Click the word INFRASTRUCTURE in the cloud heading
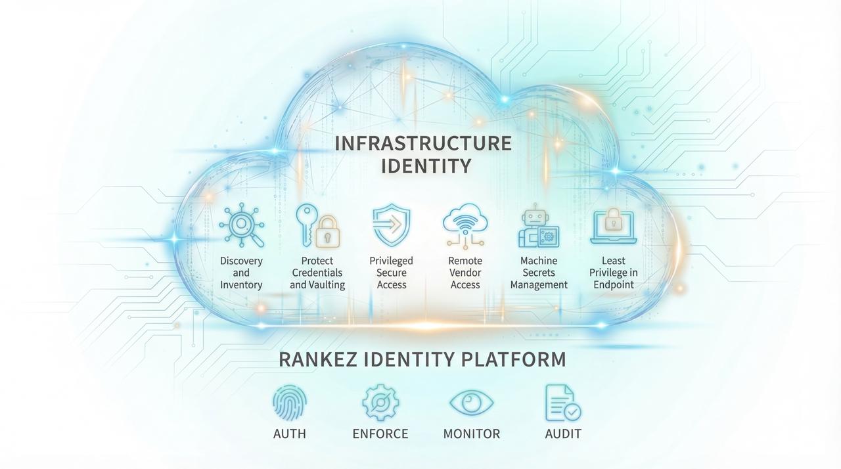(423, 143)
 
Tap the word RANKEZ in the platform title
(317, 360)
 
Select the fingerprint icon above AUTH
(290, 402)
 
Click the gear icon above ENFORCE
(380, 403)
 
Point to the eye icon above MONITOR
(471, 402)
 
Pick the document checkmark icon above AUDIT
(562, 403)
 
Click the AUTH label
(290, 434)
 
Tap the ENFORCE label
(380, 434)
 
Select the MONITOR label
(471, 434)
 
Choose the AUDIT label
(563, 434)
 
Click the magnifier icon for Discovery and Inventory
(241, 227)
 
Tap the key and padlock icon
(316, 226)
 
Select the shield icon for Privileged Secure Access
(392, 225)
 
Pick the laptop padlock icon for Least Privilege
(614, 225)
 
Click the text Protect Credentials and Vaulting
(317, 273)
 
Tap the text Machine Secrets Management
(539, 273)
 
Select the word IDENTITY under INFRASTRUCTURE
(426, 166)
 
